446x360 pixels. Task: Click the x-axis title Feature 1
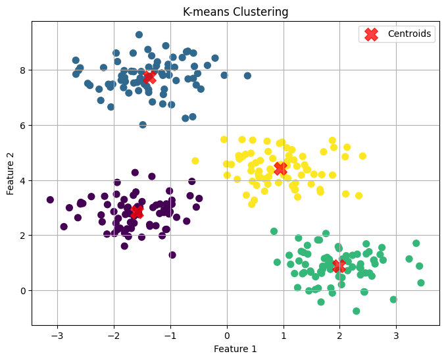tap(226, 349)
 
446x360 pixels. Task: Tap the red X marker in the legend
tap(372, 34)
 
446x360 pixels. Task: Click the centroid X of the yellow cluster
tap(280, 168)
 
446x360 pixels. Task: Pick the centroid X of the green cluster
tap(339, 266)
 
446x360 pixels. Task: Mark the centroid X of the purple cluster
tap(137, 211)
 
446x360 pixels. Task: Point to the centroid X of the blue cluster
tap(149, 77)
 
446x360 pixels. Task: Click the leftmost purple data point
tap(50, 199)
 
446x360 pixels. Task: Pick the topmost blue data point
tap(139, 35)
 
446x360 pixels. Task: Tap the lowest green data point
tap(356, 311)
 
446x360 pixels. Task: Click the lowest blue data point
tap(143, 125)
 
